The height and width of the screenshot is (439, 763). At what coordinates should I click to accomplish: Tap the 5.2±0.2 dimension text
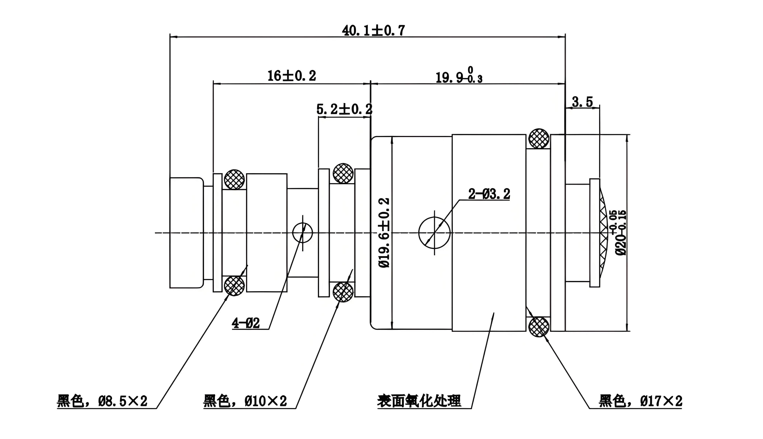(344, 109)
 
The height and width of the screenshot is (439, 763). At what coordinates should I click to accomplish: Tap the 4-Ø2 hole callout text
(246, 323)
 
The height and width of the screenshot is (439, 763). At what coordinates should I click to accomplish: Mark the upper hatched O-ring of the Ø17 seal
(538, 139)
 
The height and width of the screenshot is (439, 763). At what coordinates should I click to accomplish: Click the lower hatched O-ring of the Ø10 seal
(343, 292)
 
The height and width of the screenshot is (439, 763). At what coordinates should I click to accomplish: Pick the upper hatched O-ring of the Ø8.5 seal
(234, 179)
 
